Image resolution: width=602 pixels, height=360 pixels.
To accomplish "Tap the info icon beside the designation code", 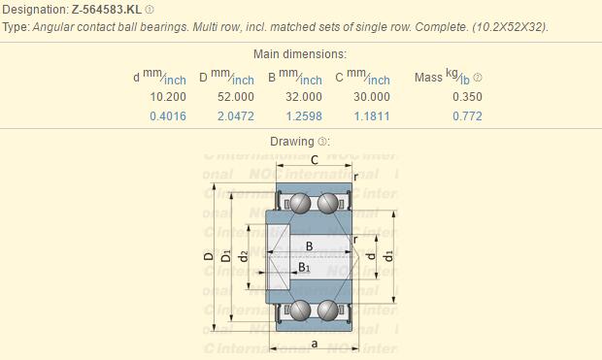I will [x=150, y=10].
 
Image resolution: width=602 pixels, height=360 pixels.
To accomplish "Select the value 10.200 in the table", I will [x=169, y=97].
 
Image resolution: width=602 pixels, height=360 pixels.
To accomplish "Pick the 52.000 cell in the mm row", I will [x=235, y=97].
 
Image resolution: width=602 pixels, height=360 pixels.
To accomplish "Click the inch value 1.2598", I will [x=303, y=116].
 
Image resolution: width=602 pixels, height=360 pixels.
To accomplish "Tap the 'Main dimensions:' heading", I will [x=300, y=54].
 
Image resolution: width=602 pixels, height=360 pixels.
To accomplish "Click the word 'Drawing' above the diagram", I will [x=292, y=142].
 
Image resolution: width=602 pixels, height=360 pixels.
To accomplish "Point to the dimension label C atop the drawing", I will [x=313, y=159].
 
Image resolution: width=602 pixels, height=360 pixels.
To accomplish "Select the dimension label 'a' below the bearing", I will [x=314, y=344].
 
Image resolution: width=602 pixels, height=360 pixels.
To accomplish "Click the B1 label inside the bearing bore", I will [x=304, y=267].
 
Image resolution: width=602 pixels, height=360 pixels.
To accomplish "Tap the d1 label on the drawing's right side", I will [x=388, y=255].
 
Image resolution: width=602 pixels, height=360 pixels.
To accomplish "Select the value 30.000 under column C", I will [x=371, y=97].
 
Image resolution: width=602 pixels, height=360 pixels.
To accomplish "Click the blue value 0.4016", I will [x=168, y=116].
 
